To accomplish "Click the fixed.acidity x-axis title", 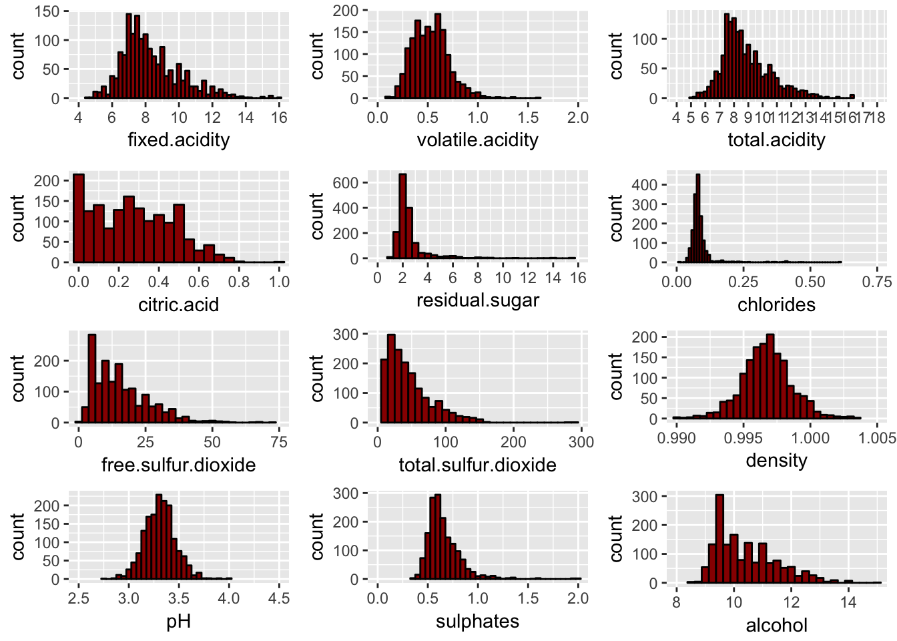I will [178, 140].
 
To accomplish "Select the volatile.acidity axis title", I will [477, 140].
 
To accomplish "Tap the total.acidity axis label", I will [776, 140].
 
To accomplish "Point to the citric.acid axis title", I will [178, 304].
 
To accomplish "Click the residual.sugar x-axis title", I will [477, 300].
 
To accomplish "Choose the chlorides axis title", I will [776, 304].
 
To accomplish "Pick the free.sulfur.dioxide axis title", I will [178, 465].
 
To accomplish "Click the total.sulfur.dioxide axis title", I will [477, 465].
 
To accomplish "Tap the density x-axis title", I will [776, 460].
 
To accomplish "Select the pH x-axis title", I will [178, 621].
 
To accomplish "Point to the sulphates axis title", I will [477, 621].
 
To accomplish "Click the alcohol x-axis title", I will [776, 625].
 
